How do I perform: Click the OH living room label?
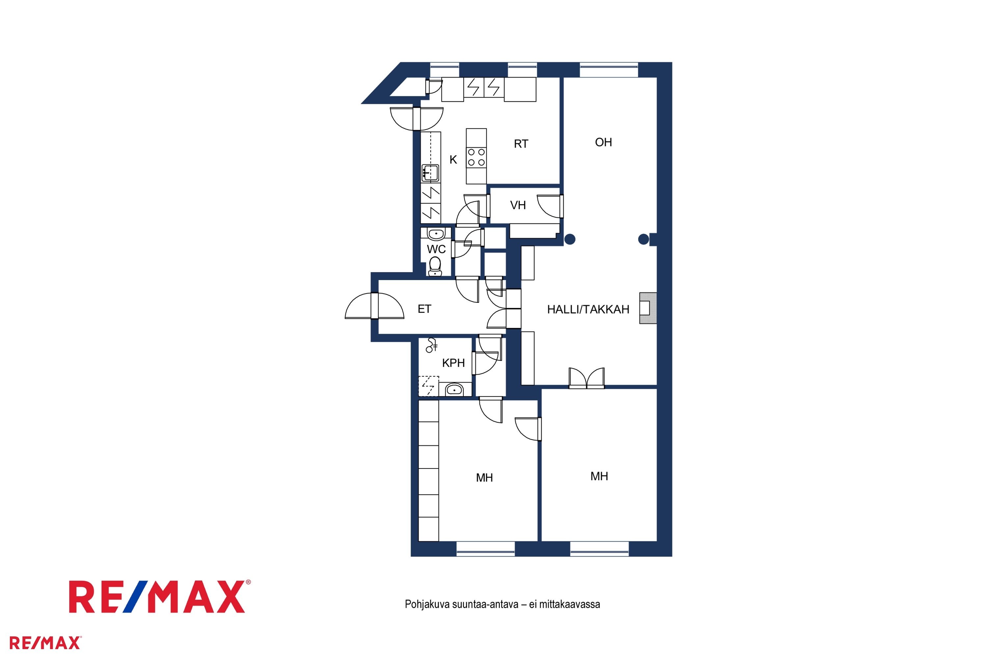click(603, 142)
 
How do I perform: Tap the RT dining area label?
click(521, 144)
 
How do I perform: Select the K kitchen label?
click(453, 160)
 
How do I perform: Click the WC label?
click(436, 249)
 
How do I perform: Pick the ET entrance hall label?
click(424, 309)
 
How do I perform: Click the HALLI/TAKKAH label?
click(588, 309)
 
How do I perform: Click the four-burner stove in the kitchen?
click(476, 157)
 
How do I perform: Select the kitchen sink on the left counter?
click(430, 173)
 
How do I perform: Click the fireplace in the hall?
click(648, 308)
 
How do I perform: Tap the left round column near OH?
click(570, 239)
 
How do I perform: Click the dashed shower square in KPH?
click(428, 386)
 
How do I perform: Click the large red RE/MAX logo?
click(160, 596)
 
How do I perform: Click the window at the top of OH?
click(609, 70)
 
